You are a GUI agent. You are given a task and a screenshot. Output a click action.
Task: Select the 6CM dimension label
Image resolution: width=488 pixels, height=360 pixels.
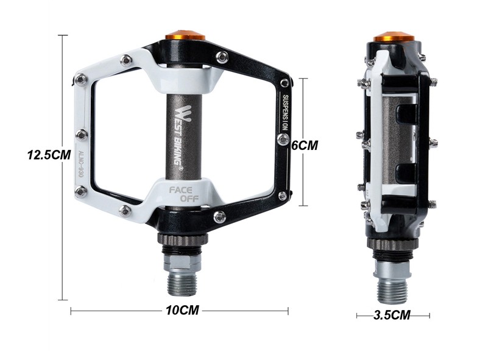[304, 146]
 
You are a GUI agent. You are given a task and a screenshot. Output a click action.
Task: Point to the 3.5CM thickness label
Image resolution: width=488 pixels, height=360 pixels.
[392, 315]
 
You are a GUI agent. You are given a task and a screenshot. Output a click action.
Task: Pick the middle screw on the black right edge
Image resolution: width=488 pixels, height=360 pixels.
[282, 140]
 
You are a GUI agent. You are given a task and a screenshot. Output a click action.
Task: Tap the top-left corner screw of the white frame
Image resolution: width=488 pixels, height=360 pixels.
[80, 78]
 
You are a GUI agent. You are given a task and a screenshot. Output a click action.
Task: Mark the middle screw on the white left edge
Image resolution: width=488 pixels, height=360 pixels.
[82, 134]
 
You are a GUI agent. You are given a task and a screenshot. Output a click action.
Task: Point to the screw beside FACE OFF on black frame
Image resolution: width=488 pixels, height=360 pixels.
[219, 216]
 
